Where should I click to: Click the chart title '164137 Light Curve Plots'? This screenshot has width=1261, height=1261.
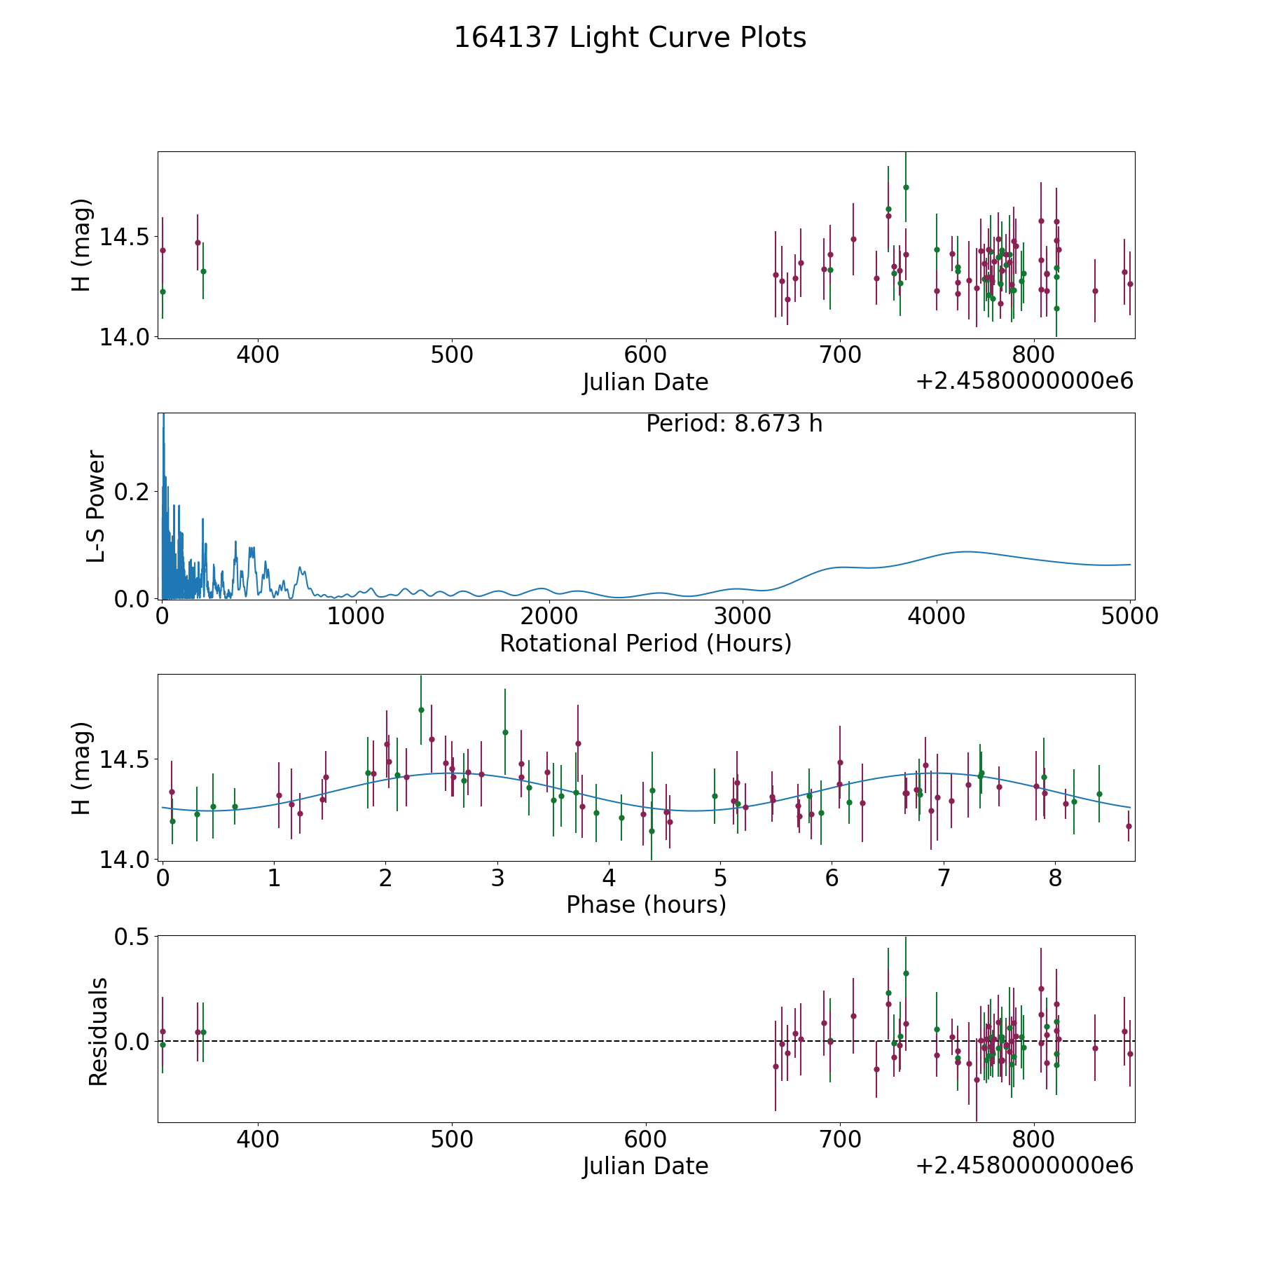pos(630,38)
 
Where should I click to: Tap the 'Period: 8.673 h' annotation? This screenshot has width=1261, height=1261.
pos(733,424)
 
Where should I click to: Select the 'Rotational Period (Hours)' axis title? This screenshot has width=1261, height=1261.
pos(645,643)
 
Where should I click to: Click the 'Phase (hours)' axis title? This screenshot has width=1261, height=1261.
pos(646,904)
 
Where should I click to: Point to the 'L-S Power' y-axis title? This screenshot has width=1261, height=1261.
pos(97,506)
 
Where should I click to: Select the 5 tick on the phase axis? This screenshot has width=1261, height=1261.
pos(720,878)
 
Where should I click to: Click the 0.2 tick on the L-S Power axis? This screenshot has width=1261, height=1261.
pos(132,492)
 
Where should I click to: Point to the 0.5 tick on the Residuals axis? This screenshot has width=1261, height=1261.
pos(132,937)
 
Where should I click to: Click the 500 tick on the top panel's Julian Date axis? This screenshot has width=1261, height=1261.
pos(452,355)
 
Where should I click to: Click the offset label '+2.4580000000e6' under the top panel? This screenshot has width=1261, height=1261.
pos(1024,382)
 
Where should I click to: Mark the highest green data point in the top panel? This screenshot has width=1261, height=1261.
pos(906,187)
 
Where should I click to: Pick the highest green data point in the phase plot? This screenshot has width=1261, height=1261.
pos(421,710)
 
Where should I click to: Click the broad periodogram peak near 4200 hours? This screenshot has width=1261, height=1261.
pos(967,552)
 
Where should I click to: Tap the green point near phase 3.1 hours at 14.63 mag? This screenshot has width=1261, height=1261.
pos(505,732)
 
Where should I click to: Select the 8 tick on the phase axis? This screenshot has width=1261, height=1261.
pos(1055,878)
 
